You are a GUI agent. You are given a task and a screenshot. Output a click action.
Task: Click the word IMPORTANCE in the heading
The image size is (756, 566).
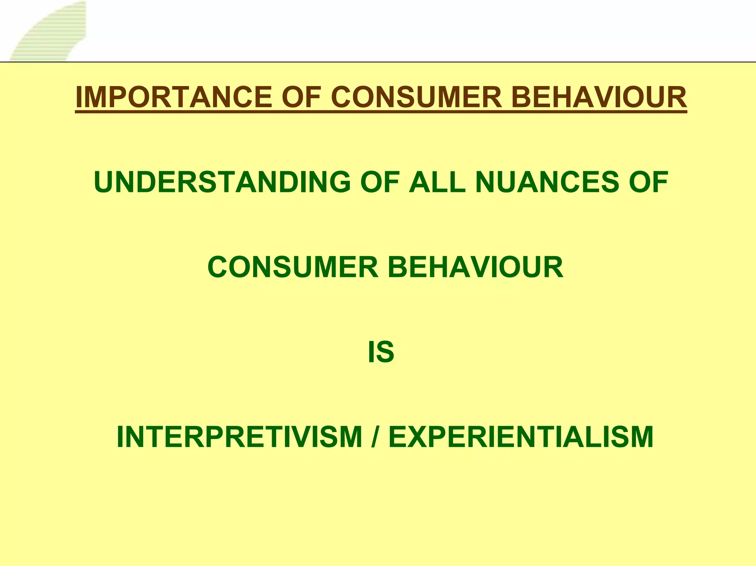tap(173, 97)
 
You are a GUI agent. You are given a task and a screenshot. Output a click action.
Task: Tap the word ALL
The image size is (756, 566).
tap(437, 182)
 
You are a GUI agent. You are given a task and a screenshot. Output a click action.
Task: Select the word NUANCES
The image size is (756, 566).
tap(547, 182)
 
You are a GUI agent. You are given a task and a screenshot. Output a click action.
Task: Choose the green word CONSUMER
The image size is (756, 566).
tap(293, 267)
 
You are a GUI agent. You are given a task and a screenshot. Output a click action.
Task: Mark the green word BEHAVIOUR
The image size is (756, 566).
tap(475, 267)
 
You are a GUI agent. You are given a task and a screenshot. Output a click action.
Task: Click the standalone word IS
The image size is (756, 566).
tap(381, 352)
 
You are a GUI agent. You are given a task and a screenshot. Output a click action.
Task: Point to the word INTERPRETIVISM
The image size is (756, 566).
tap(239, 437)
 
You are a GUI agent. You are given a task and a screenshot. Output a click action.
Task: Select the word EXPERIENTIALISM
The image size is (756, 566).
tap(521, 437)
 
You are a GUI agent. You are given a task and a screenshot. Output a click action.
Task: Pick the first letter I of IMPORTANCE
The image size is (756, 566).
tap(78, 97)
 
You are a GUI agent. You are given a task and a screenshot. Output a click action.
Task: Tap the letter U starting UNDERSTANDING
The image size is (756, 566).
tap(105, 182)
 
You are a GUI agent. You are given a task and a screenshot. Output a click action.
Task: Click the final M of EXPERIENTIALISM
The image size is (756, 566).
tap(641, 437)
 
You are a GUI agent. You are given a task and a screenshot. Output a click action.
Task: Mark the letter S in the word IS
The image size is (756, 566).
tap(385, 352)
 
